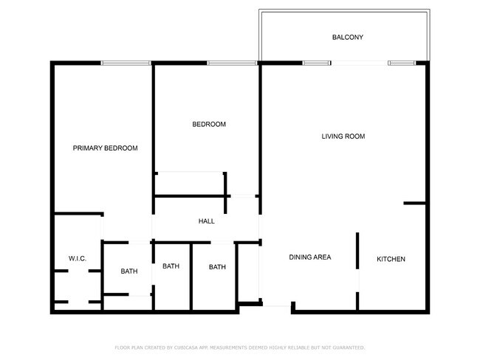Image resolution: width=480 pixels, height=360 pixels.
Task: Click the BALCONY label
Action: pos(347,38)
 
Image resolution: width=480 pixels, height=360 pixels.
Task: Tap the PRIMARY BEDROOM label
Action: pos(105,148)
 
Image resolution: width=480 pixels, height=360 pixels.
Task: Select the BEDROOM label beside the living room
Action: pos(208,124)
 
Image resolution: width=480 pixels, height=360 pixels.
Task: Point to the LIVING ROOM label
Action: pos(343,136)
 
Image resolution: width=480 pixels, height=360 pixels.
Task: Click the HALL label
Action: pos(206,221)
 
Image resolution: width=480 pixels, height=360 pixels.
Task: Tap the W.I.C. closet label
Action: pos(78,259)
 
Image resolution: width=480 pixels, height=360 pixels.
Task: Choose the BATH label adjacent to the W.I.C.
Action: pos(129,271)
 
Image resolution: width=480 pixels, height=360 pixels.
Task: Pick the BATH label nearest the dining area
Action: pos(217,267)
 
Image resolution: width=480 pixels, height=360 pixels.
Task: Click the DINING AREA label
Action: pos(309,257)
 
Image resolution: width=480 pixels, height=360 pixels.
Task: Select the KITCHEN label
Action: pos(391,259)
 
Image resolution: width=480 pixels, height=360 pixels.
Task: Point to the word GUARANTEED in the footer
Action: pos(347,347)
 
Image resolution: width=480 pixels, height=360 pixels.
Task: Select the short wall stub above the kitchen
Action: pos(414,203)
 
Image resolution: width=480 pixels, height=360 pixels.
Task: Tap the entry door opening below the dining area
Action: pos(278,305)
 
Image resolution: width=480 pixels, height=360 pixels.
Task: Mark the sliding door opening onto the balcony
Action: pos(360,63)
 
